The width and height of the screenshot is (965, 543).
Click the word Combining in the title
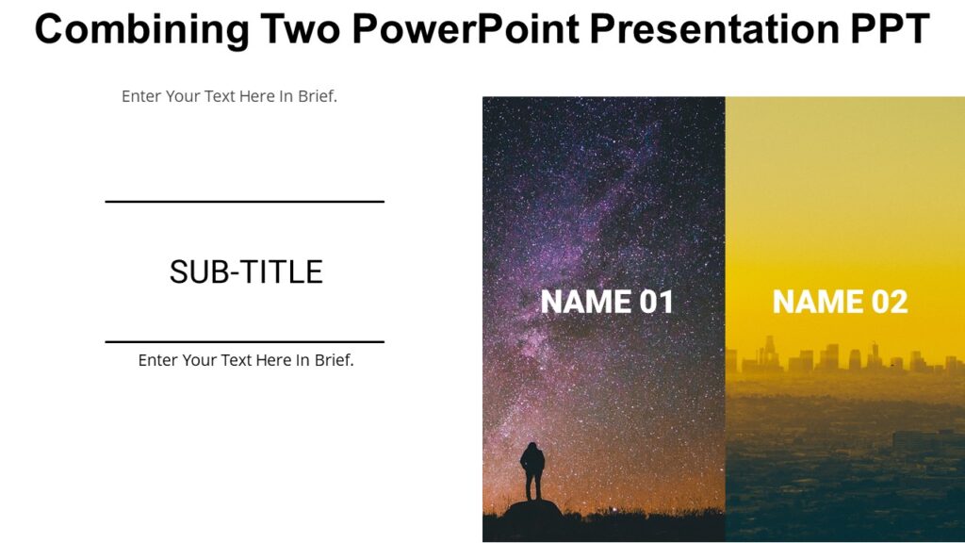pyautogui.click(x=140, y=30)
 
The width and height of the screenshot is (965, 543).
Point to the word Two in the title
pyautogui.click(x=300, y=30)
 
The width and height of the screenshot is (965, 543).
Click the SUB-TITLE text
pyautogui.click(x=246, y=272)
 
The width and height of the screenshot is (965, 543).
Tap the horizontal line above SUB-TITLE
pyautogui.click(x=244, y=202)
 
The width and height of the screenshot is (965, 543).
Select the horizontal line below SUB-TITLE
pyautogui.click(x=244, y=341)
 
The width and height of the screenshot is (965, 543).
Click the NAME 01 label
pyautogui.click(x=607, y=302)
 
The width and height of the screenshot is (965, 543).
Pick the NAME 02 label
pyautogui.click(x=840, y=302)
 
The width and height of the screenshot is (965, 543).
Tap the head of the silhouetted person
pyautogui.click(x=532, y=447)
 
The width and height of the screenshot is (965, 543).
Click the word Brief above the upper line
pyautogui.click(x=317, y=96)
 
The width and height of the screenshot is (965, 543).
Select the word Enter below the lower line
pyautogui.click(x=158, y=360)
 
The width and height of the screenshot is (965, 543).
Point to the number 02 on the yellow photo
pyautogui.click(x=889, y=302)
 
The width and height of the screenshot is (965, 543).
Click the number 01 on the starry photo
pyautogui.click(x=657, y=302)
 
